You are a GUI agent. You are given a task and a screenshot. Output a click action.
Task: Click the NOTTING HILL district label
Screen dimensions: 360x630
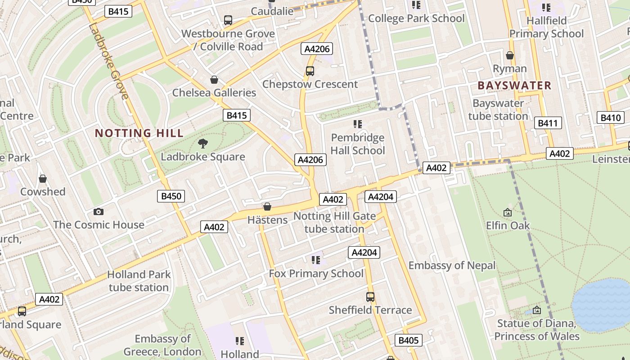(x=139, y=133)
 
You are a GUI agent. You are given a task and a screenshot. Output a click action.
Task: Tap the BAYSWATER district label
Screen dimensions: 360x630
(x=514, y=85)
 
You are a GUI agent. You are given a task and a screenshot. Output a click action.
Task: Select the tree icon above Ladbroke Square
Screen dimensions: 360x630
(x=203, y=144)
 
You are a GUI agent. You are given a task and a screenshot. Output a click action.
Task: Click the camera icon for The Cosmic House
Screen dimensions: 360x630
(x=99, y=211)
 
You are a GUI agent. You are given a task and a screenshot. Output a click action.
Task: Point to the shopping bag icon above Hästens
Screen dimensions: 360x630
(x=267, y=207)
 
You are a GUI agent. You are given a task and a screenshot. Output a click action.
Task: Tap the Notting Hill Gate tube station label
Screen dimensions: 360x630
(x=334, y=222)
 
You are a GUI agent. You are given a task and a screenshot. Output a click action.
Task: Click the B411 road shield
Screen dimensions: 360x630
(x=548, y=123)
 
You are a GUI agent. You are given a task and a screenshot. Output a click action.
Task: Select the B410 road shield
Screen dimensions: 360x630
(x=611, y=118)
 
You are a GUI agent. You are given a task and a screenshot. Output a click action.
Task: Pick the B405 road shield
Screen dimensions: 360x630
(x=409, y=340)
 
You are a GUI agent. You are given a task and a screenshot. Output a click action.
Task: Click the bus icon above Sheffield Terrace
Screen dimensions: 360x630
(x=370, y=297)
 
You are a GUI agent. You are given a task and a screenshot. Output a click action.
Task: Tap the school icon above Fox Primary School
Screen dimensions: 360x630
(x=316, y=260)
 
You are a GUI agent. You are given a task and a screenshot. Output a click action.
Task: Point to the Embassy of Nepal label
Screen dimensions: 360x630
(x=452, y=265)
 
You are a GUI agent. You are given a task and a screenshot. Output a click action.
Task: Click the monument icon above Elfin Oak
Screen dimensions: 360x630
(x=508, y=212)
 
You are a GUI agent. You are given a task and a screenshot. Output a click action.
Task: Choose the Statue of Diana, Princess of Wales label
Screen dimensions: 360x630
(x=536, y=330)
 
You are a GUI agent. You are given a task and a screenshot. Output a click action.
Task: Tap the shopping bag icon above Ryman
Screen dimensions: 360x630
(x=510, y=55)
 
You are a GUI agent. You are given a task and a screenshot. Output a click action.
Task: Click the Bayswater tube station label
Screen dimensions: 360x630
(x=498, y=109)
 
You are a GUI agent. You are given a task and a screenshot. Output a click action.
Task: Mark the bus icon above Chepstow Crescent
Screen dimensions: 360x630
(x=310, y=71)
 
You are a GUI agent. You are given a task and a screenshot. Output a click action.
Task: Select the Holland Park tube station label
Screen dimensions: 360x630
(x=139, y=281)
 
